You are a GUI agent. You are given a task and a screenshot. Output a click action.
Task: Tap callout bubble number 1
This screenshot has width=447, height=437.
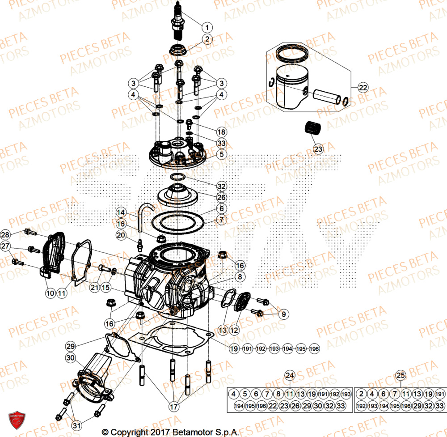tap(207, 26)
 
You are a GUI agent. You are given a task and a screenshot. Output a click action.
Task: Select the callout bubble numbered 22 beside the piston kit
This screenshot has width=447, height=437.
tap(363, 87)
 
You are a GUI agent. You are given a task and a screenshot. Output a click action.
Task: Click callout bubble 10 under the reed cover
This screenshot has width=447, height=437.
tap(50, 293)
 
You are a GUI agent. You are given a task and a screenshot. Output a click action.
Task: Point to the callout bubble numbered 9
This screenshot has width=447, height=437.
tap(282, 314)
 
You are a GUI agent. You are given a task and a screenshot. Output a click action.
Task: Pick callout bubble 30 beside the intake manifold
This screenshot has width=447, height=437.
tap(70, 358)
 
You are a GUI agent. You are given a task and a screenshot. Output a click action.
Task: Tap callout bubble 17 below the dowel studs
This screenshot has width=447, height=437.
tap(173, 407)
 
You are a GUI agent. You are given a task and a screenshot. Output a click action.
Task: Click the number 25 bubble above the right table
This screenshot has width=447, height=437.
tap(401, 374)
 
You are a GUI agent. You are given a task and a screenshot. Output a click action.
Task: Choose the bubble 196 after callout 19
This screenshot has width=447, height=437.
tap(314, 349)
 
